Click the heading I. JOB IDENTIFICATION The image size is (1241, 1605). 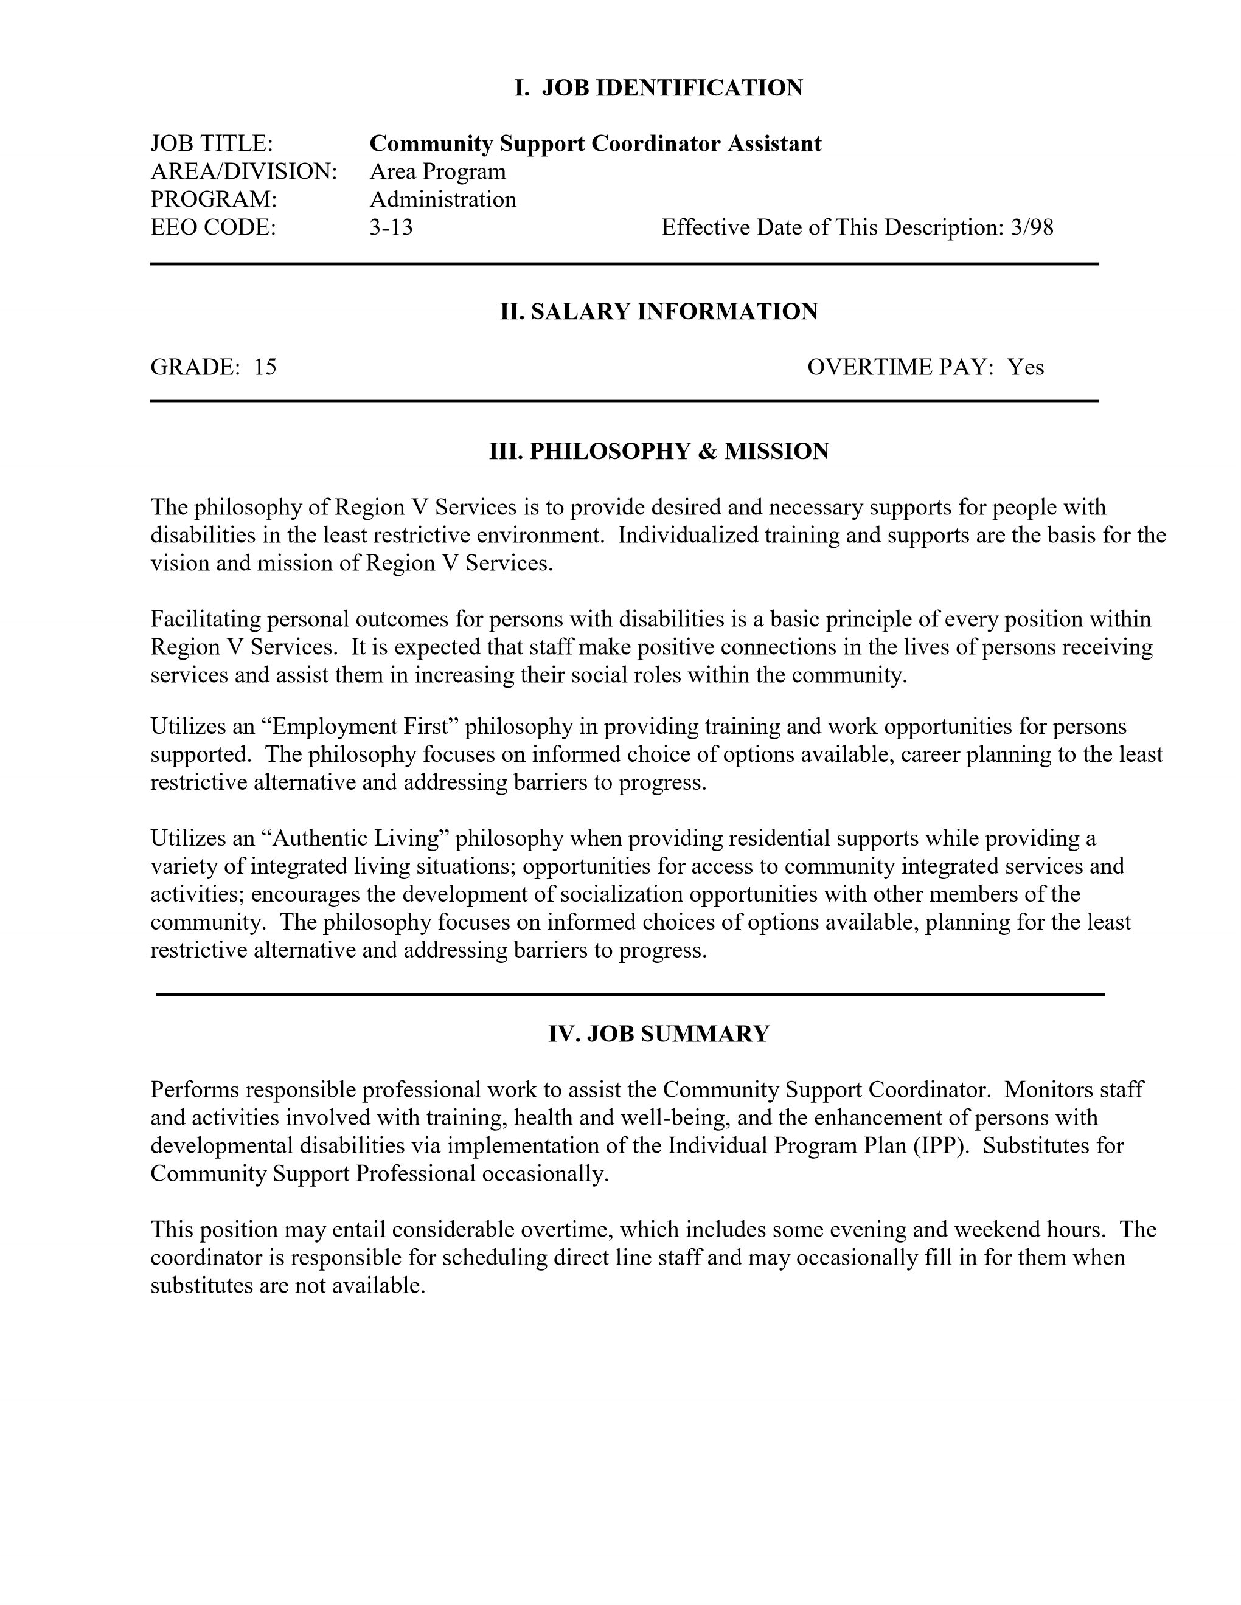(x=658, y=88)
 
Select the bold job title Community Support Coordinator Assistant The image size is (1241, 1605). (x=596, y=143)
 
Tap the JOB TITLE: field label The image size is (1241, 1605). (x=212, y=143)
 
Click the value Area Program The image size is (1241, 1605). (x=437, y=171)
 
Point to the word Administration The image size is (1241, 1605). (x=443, y=199)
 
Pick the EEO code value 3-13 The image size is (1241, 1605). (x=391, y=228)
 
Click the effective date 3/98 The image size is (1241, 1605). (x=1032, y=228)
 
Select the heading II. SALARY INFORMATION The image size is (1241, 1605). (x=659, y=312)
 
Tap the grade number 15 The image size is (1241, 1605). (x=265, y=367)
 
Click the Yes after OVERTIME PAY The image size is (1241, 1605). (x=1026, y=367)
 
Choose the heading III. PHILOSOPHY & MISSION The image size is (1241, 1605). (x=659, y=451)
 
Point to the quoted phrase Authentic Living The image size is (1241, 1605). (x=360, y=838)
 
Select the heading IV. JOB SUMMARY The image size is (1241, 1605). (x=659, y=1034)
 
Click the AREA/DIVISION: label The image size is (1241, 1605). (x=243, y=171)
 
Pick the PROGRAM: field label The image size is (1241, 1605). (x=213, y=199)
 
